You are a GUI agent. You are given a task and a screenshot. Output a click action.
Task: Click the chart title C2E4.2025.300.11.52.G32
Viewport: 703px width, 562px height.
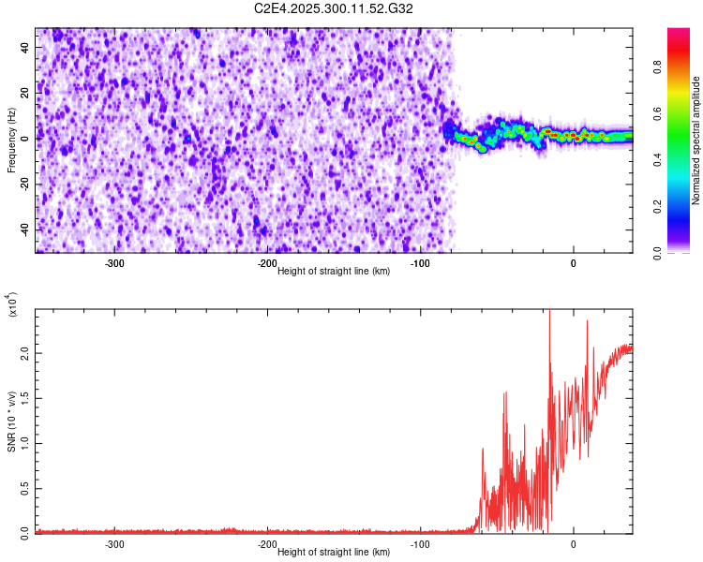[335, 8]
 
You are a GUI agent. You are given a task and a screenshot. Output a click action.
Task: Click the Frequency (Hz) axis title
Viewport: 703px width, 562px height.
[11, 140]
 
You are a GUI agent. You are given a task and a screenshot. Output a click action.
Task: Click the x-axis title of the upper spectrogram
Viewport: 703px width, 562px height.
[335, 272]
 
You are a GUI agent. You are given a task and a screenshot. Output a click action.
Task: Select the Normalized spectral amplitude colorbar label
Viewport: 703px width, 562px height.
[696, 140]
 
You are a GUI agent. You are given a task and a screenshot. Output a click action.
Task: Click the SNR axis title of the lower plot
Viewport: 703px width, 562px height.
[11, 421]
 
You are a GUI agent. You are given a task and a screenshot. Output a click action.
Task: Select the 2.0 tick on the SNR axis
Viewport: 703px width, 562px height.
[22, 353]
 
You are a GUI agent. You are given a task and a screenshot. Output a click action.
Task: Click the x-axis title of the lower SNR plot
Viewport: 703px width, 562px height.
[335, 553]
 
